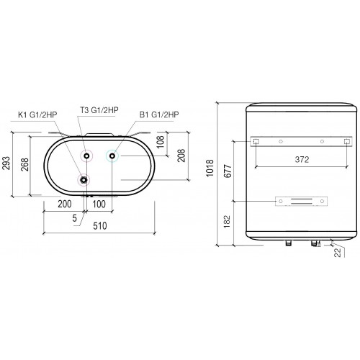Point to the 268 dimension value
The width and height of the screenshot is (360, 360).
point(24,166)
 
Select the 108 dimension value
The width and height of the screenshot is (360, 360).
point(160,143)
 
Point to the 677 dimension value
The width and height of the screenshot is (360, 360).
point(228,174)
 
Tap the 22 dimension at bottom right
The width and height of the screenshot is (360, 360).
point(338,253)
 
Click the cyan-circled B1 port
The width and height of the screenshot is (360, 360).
point(112,156)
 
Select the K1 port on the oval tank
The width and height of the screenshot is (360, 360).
point(85,180)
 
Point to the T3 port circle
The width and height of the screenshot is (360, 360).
point(87,156)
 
